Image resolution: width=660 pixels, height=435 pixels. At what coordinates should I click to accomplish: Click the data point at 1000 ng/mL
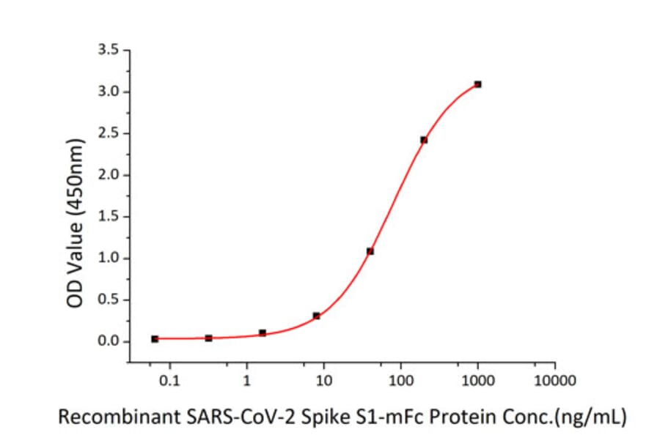pos(477,84)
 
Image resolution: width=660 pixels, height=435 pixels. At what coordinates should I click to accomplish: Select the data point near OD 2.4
pos(424,140)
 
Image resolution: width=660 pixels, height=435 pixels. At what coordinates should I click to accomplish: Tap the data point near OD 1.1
pos(370,251)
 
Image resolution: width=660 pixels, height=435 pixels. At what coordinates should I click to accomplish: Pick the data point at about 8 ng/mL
pos(316,316)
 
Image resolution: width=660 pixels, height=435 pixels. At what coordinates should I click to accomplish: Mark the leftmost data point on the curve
pos(155,339)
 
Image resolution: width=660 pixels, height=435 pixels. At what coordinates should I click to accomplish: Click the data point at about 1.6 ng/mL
pos(263,333)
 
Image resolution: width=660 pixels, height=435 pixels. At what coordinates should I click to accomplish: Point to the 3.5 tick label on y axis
pos(109,51)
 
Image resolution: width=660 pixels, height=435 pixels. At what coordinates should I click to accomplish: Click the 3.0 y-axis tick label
pos(109,92)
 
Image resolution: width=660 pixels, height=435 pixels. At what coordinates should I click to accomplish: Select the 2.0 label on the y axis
pos(109,175)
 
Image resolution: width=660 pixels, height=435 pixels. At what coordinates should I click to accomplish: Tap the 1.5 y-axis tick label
pos(109,217)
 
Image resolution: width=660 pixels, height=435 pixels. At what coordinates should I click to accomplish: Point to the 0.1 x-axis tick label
pos(169,381)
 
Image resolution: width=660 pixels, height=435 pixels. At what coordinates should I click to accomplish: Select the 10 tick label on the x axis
pos(323,381)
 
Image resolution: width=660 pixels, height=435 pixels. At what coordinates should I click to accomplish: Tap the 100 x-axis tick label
pos(400,381)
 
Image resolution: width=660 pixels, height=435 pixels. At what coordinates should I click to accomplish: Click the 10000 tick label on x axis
pos(554,381)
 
